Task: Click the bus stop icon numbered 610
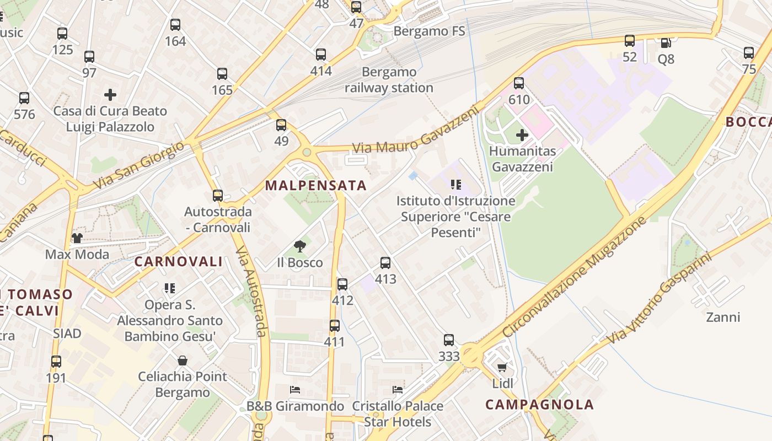[x=519, y=83]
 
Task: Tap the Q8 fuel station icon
[x=666, y=43]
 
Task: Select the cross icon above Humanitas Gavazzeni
[x=522, y=135]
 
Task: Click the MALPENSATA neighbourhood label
[x=316, y=185]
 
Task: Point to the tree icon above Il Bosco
[x=300, y=246]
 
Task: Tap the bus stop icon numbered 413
[x=385, y=263]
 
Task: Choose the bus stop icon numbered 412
[x=342, y=284]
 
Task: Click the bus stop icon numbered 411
[x=335, y=326]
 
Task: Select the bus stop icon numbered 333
[x=449, y=340]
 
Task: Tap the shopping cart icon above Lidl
[x=502, y=367]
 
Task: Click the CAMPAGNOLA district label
[x=539, y=405]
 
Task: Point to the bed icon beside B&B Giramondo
[x=295, y=390]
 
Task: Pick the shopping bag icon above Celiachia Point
[x=183, y=361]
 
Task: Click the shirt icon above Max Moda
[x=77, y=238]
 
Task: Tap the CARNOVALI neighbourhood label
[x=179, y=262]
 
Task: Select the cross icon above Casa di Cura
[x=110, y=95]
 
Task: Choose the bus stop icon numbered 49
[x=281, y=125]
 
